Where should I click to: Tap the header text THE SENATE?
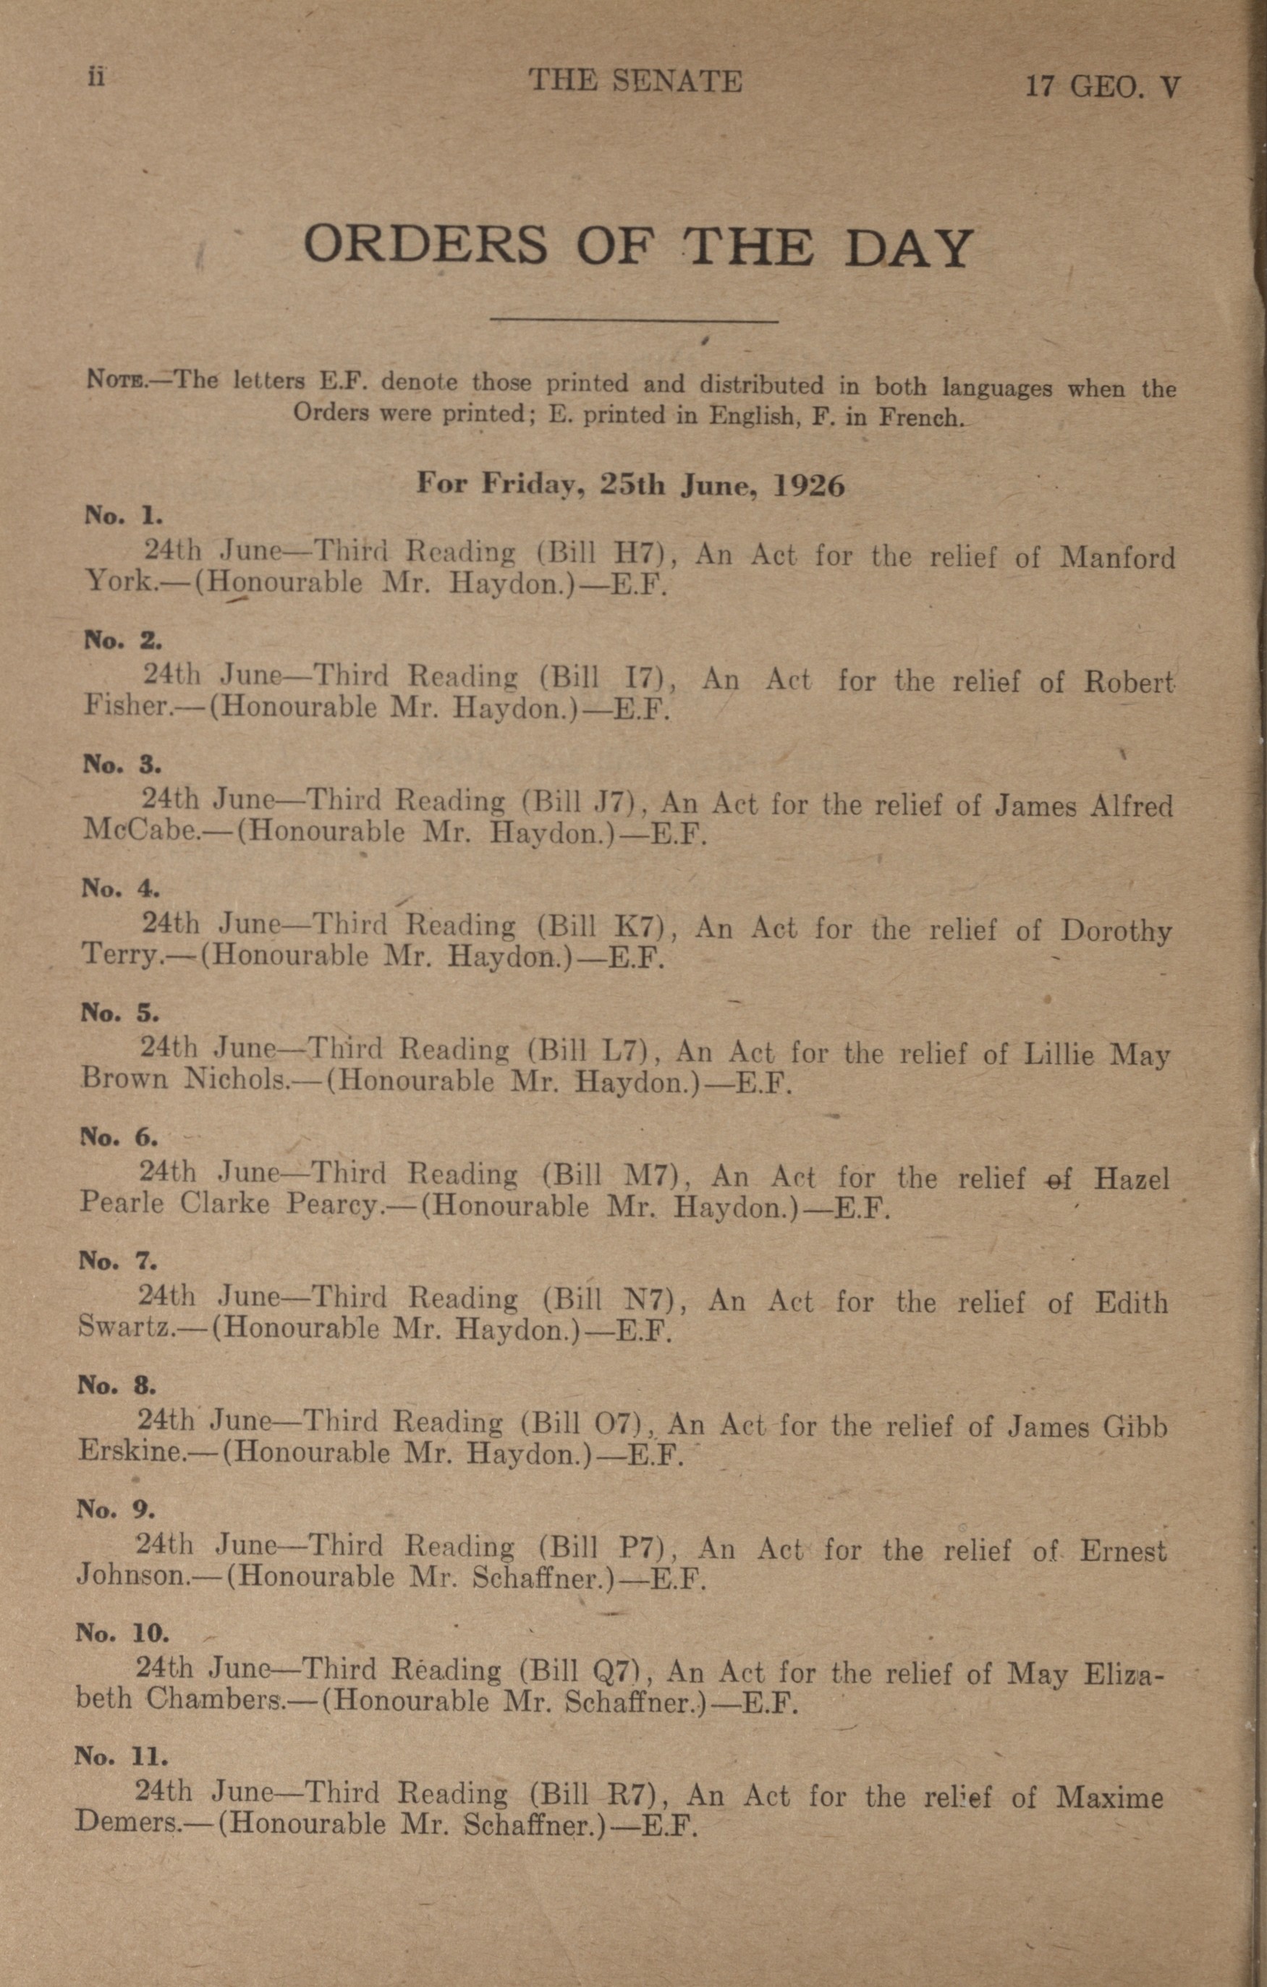[x=635, y=81]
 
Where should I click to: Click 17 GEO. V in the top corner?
[x=1103, y=86]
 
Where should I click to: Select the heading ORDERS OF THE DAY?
[x=637, y=246]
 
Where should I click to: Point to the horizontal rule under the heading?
[x=634, y=321]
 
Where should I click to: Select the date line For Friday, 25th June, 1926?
[x=631, y=485]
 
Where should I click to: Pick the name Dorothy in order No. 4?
[x=1116, y=931]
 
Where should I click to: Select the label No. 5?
[x=119, y=1013]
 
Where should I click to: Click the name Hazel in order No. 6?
[x=1132, y=1178]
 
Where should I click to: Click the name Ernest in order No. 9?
[x=1124, y=1552]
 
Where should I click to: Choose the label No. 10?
[x=122, y=1633]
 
